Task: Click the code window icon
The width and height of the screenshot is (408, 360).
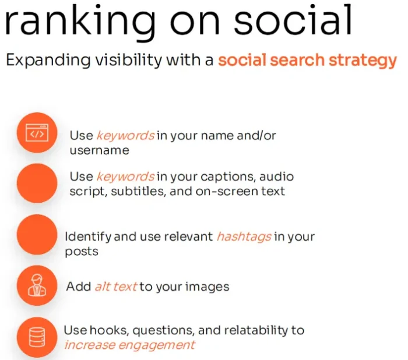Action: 37,133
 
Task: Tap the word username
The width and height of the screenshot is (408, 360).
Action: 99,150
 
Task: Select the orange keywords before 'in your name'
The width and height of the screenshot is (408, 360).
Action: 125,136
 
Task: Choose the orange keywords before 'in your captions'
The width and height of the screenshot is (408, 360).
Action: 125,177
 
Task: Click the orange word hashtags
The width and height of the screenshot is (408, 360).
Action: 244,237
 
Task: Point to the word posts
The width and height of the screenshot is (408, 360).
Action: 82,252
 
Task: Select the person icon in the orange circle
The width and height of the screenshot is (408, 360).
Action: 37,285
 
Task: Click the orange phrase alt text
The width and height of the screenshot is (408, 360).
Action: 116,287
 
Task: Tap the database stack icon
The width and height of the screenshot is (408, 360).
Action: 37,337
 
